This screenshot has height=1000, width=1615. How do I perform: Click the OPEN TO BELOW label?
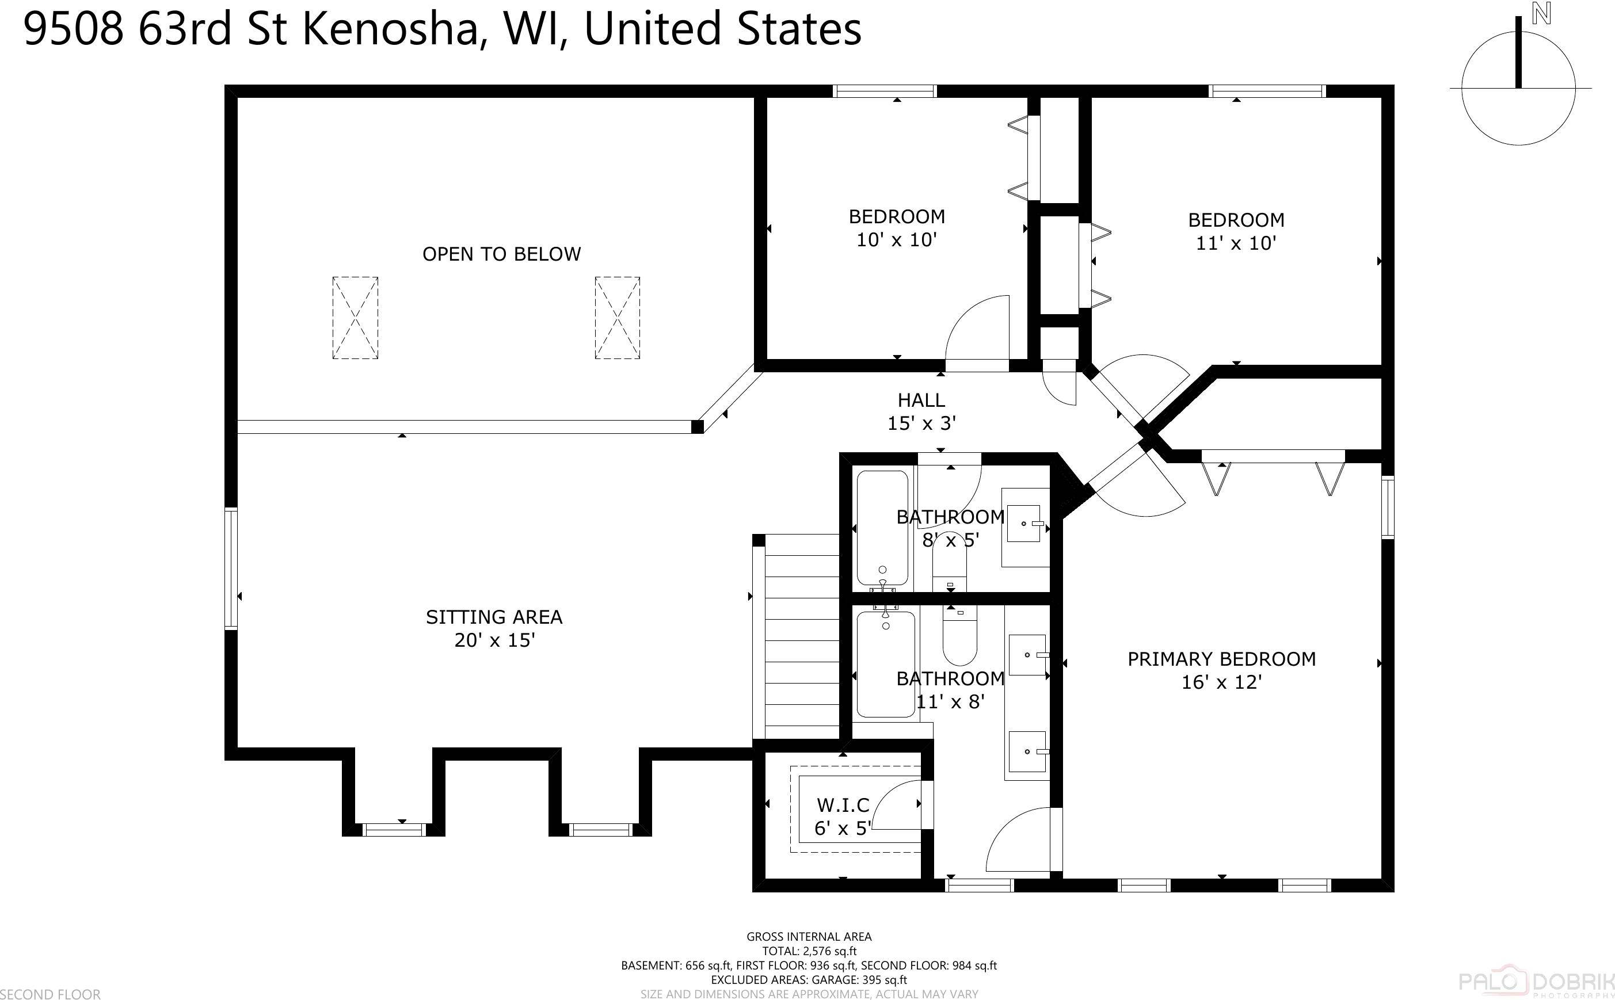[x=501, y=254]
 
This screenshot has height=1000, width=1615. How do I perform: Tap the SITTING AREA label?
[x=494, y=617]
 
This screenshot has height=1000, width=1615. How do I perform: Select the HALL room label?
[x=921, y=400]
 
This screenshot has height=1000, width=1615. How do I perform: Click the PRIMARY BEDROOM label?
[x=1221, y=659]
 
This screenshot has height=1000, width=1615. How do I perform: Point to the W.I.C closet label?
[x=843, y=805]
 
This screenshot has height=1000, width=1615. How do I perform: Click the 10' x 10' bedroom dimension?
[x=897, y=240]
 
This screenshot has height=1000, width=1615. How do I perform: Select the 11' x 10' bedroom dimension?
[x=1235, y=243]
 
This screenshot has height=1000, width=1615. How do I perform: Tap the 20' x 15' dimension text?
[x=494, y=640]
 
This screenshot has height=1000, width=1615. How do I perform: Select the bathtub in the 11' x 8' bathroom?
[x=885, y=664]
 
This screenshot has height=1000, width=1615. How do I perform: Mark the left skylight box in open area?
[x=355, y=318]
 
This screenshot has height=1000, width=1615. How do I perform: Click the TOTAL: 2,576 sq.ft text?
[x=809, y=951]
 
